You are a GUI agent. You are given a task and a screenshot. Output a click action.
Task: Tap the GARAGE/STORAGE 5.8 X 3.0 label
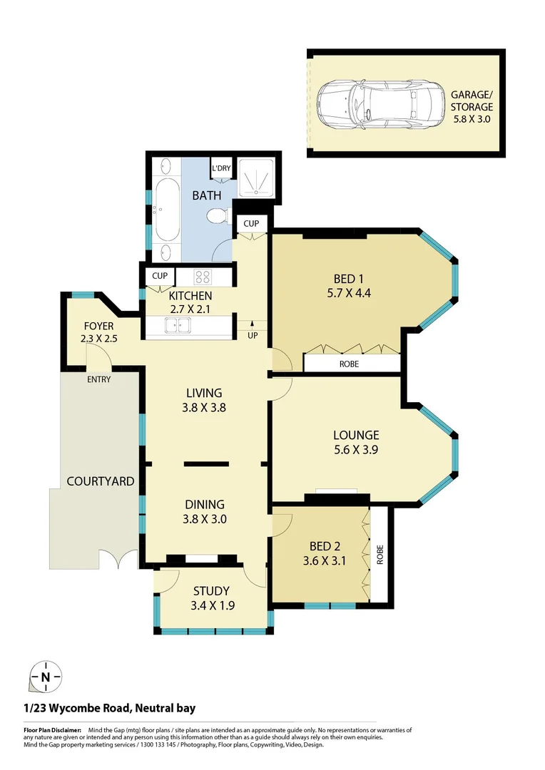point(471,106)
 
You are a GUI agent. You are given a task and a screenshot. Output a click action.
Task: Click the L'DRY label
point(221,168)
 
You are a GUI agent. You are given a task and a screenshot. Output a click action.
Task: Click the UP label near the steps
point(253,334)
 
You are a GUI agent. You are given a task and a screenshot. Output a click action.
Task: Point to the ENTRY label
point(99,379)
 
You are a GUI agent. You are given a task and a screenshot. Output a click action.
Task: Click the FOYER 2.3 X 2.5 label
point(98,332)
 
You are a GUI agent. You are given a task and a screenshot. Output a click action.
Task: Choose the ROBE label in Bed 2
point(380,555)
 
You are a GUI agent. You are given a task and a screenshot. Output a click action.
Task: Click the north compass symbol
point(46,677)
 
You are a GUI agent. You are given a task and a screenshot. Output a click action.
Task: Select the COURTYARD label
point(100,481)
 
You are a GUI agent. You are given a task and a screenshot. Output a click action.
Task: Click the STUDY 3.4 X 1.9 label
point(212,598)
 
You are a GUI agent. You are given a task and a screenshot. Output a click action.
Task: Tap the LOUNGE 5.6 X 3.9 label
point(356,441)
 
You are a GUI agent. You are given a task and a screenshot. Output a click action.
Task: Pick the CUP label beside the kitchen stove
point(159,276)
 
